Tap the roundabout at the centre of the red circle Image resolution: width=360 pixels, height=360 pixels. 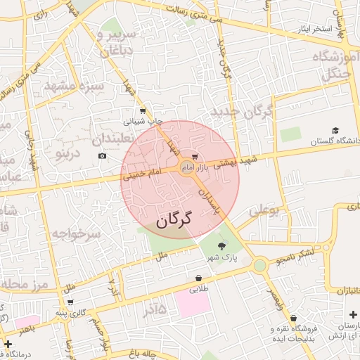point(187,167)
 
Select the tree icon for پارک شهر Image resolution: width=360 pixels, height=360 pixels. point(222,245)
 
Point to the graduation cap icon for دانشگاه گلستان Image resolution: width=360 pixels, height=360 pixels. point(335,131)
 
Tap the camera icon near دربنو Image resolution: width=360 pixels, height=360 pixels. point(103,155)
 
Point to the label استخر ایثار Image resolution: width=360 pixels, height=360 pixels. point(300,29)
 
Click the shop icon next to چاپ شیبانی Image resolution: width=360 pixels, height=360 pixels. point(143,110)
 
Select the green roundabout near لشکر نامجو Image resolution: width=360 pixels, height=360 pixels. point(260,265)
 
